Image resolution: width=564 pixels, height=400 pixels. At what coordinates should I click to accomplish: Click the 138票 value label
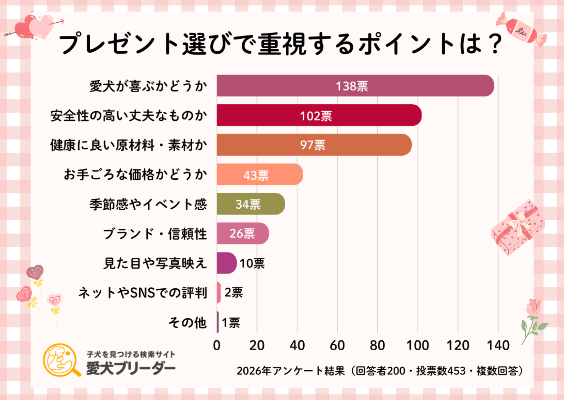352,86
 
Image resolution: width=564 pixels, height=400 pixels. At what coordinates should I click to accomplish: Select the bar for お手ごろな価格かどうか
260,175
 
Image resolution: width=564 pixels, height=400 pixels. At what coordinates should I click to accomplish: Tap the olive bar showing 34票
251,204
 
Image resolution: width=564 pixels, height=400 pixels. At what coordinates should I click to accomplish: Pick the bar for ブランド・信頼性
243,233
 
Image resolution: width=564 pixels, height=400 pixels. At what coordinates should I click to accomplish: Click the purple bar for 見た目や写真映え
227,263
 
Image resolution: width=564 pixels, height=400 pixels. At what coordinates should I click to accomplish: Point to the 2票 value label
234,293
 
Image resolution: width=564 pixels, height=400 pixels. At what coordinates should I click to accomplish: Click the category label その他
187,322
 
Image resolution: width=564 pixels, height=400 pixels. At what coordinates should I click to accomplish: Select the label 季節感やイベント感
148,204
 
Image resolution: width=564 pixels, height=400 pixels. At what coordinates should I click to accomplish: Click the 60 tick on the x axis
337,345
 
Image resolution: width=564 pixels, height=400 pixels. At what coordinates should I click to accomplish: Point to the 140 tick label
498,345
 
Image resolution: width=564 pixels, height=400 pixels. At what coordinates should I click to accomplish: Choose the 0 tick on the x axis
217,345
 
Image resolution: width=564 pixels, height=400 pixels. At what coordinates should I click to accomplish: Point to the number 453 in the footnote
456,371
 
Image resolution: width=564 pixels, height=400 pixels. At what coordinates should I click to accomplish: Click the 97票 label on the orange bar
313,145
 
